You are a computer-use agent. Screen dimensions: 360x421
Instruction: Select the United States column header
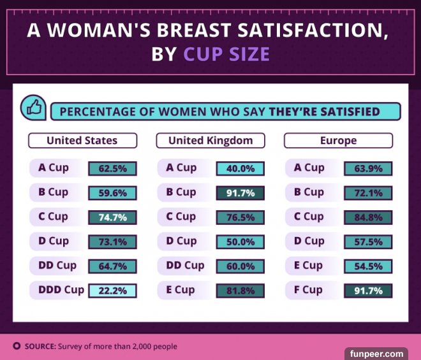point(82,140)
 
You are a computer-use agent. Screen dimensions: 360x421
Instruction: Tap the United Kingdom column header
point(211,140)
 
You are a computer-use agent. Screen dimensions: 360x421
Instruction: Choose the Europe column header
point(338,140)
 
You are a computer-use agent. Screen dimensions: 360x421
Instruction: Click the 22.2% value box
point(112,291)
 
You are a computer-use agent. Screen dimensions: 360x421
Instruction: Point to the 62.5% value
point(112,169)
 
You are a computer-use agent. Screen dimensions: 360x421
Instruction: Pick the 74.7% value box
point(112,217)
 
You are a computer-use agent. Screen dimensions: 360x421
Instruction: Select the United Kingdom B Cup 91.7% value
point(240,193)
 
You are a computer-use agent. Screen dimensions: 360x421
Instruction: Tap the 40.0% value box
point(240,169)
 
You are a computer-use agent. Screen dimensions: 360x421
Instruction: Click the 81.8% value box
point(240,291)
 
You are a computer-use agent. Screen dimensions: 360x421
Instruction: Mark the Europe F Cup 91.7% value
point(368,291)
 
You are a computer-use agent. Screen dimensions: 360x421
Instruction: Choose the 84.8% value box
point(368,217)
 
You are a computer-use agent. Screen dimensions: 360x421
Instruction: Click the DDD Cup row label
point(61,290)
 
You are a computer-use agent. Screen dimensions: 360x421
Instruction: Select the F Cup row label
point(313,290)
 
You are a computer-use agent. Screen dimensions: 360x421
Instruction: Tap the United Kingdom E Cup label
point(180,290)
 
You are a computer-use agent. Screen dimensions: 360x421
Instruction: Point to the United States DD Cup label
point(57,266)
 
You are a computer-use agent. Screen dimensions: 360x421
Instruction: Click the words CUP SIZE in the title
point(226,54)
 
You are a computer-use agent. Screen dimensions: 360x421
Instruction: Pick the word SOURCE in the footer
point(40,347)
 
